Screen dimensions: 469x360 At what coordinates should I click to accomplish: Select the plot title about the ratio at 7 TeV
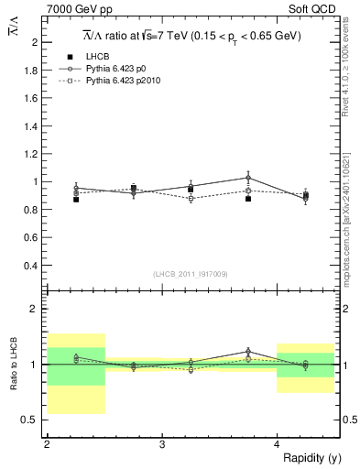[x=192, y=37]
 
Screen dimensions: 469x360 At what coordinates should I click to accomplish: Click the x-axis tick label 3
[x=162, y=443]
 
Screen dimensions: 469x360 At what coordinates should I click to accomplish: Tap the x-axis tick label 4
[x=278, y=443]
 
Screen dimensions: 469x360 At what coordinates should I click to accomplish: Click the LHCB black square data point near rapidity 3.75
[x=248, y=198]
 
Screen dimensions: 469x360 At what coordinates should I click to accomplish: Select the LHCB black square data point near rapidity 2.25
[x=76, y=199]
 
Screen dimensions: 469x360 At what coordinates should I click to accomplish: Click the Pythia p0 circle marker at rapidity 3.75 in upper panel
[x=248, y=178]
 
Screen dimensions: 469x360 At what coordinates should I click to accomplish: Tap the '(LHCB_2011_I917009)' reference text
[x=191, y=273]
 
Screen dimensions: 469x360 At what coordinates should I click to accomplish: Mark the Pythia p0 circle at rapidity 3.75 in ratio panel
[x=248, y=351]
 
